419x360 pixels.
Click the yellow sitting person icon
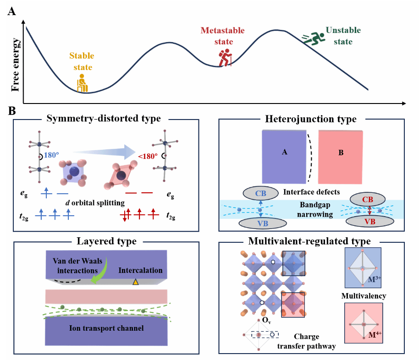(83, 83)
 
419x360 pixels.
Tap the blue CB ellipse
(260, 192)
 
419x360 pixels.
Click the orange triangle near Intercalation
(135, 282)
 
